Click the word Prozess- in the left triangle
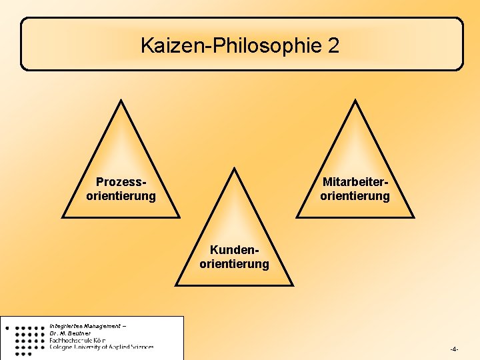121,182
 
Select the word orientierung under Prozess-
121,196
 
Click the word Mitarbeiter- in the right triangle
355,182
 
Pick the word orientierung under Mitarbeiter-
355,196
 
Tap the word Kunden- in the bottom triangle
234,250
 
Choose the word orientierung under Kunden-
234,264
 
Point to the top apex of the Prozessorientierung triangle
121,101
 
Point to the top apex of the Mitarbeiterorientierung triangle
355,101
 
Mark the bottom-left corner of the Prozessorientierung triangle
63,217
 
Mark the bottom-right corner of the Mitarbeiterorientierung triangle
413,217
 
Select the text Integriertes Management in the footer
85,326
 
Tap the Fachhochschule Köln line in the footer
78,340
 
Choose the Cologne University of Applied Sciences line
101,347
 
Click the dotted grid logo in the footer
27,338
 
